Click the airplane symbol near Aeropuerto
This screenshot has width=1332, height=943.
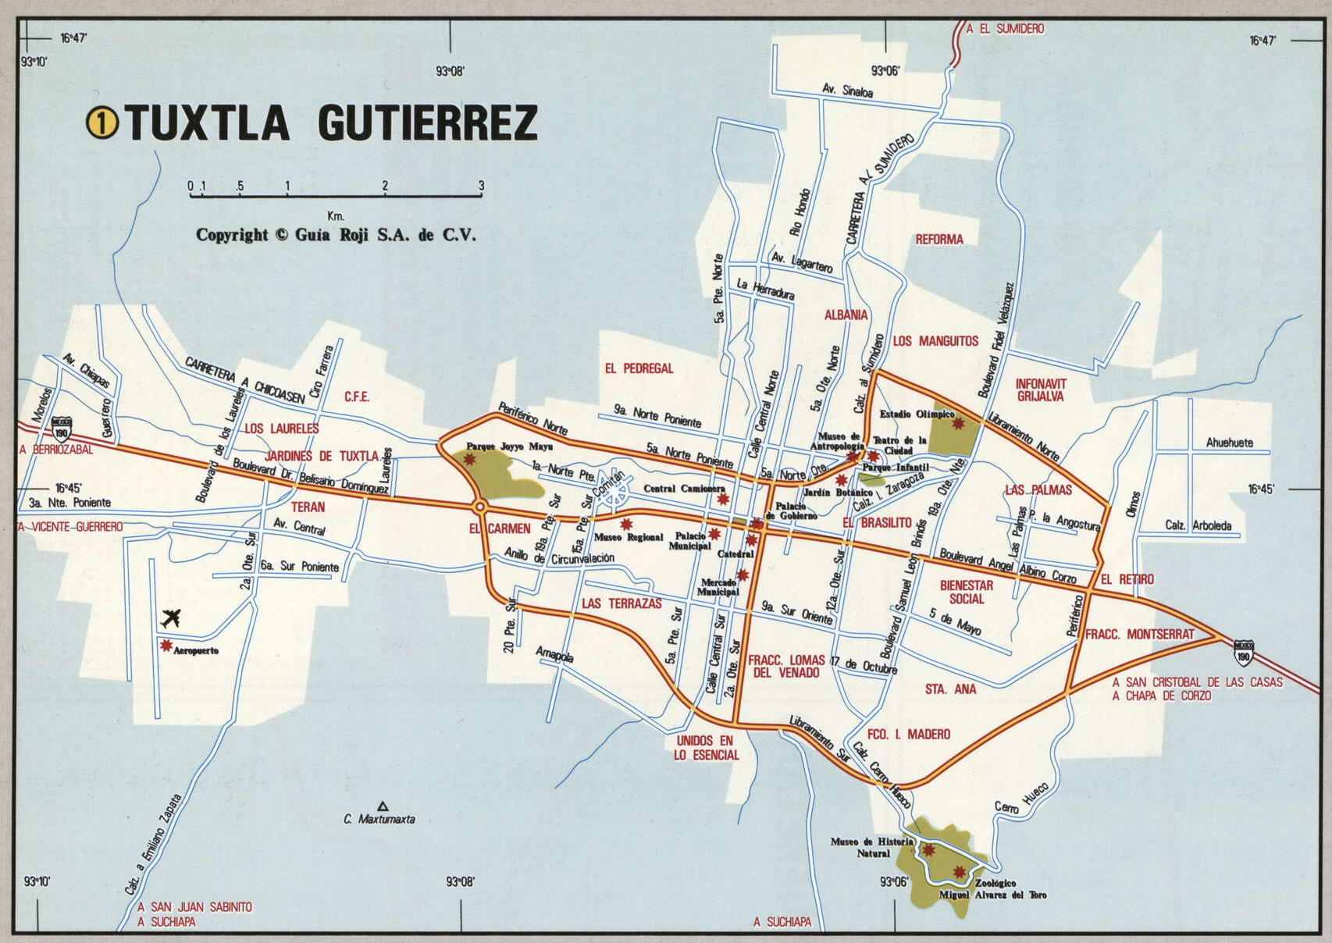point(171,618)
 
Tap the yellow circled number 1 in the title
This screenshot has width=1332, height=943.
point(102,123)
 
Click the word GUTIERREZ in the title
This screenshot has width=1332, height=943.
point(428,123)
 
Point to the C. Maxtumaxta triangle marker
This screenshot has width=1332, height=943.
point(383,806)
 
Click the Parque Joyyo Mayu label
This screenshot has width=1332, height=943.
point(509,447)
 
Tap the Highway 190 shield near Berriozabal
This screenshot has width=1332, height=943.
point(62,429)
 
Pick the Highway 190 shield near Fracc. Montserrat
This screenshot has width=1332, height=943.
point(1244,651)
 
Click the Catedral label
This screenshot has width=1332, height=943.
point(735,553)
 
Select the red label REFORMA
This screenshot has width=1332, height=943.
point(939,240)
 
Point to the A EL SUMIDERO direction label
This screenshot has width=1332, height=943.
point(1005,29)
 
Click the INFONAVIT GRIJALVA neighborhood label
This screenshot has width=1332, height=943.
point(1040,390)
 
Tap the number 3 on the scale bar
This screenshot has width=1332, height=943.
point(481,186)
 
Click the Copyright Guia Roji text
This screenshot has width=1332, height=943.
point(336,235)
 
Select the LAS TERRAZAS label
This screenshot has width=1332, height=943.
point(621,603)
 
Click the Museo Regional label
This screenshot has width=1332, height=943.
point(629,537)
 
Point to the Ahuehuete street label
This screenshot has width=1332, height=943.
point(1229,443)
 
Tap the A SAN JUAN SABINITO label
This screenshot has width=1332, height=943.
point(194,907)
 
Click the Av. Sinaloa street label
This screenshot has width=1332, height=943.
point(847,91)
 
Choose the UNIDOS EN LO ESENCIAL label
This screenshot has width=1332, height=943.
point(706,747)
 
